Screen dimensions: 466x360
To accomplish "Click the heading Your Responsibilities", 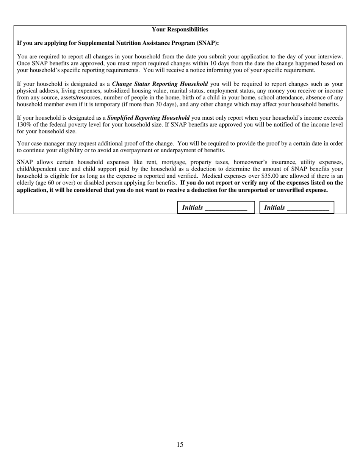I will (180, 30).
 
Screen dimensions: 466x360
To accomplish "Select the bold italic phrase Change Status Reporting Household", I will (160, 84).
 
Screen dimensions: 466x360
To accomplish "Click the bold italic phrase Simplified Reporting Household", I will (149, 118).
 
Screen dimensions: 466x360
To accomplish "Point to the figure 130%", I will (24, 125).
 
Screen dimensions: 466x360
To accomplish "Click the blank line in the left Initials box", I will (226, 208).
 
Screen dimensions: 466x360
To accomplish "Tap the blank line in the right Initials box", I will (308, 208).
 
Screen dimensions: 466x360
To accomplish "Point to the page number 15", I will (180, 444).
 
